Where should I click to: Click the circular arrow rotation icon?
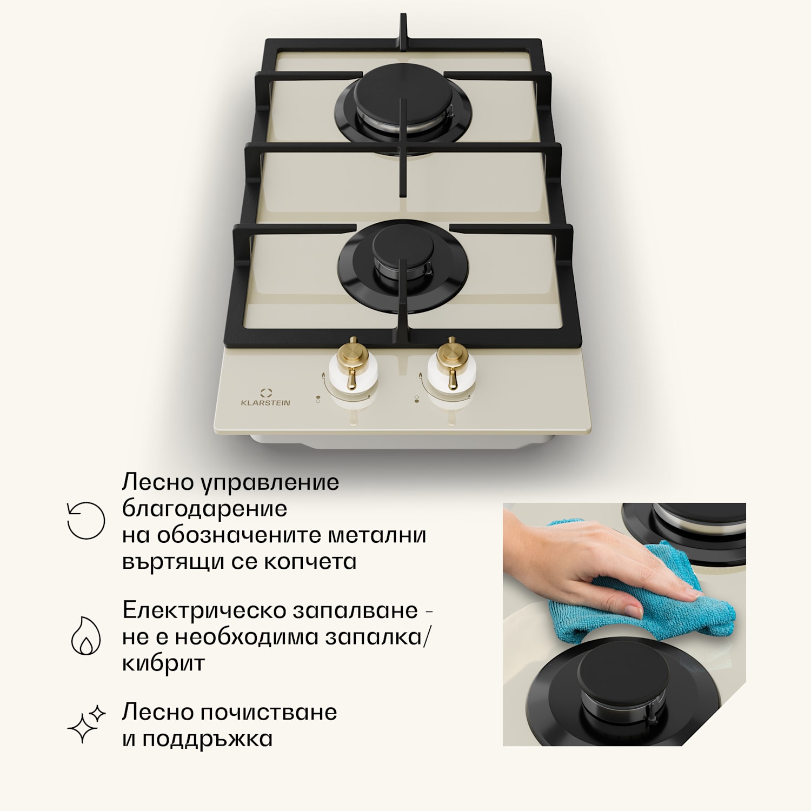(x=85, y=521)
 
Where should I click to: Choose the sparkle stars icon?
(x=86, y=724)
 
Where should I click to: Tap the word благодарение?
(x=204, y=509)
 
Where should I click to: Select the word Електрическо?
(x=204, y=610)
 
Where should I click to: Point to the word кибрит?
(x=163, y=663)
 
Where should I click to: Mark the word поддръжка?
(x=207, y=739)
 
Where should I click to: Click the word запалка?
(x=373, y=637)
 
